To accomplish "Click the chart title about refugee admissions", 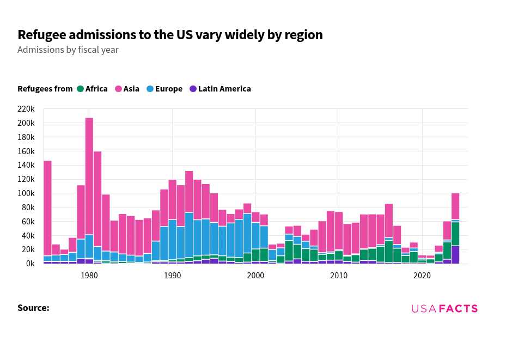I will tap(170, 35).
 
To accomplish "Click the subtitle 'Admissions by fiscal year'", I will tap(68, 50).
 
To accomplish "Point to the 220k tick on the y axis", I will tap(26, 109).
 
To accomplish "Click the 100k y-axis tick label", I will tap(26, 193).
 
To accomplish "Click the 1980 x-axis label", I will tap(89, 276).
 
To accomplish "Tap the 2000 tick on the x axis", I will tap(255, 276).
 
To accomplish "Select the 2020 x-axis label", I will tap(422, 276).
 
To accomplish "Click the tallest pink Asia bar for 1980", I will tap(89, 174).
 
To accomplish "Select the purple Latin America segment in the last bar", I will tap(455, 255).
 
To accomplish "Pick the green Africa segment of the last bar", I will tap(455, 234).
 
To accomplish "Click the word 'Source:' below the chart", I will tap(33, 308).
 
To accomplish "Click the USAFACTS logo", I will tap(444, 309).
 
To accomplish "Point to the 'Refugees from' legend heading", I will tap(45, 89).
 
